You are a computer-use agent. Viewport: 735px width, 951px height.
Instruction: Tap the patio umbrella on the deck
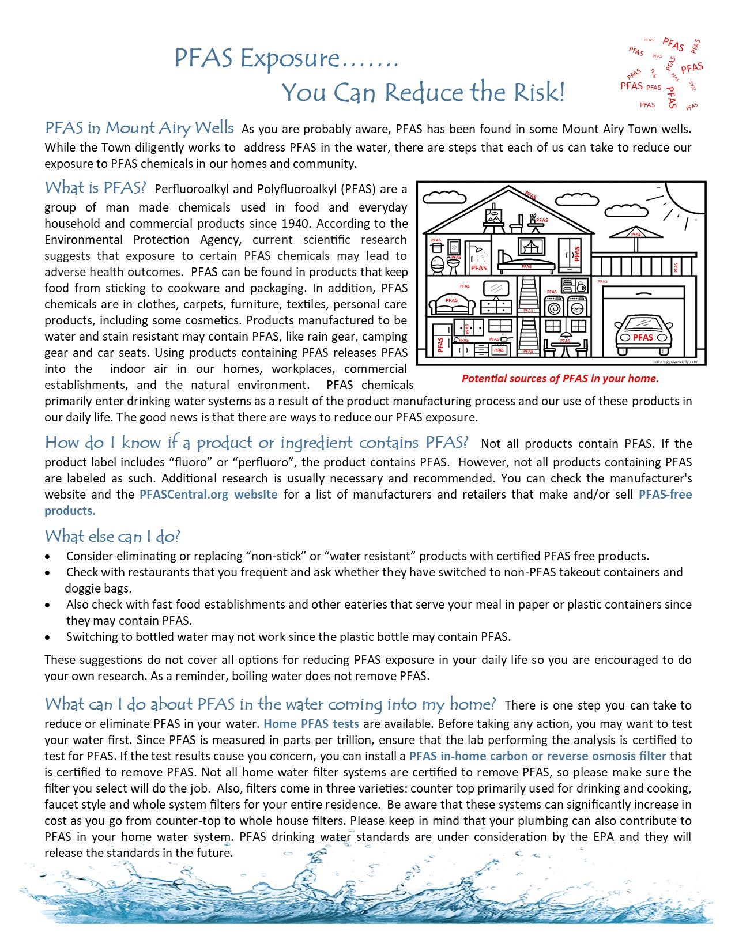636,233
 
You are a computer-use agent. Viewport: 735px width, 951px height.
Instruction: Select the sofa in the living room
453,303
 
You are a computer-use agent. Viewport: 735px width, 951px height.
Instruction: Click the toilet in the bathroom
438,265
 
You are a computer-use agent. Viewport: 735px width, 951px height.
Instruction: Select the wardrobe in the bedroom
572,254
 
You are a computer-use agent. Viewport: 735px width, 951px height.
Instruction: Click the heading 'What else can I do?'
112,536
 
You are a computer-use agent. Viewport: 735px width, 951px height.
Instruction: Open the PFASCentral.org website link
208,495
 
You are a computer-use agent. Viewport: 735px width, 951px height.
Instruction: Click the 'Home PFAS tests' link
311,723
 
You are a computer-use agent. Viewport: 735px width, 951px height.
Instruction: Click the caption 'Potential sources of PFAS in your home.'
560,379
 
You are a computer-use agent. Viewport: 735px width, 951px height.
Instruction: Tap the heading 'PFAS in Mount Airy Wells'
140,127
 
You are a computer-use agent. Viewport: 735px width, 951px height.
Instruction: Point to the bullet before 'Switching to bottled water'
50,637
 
